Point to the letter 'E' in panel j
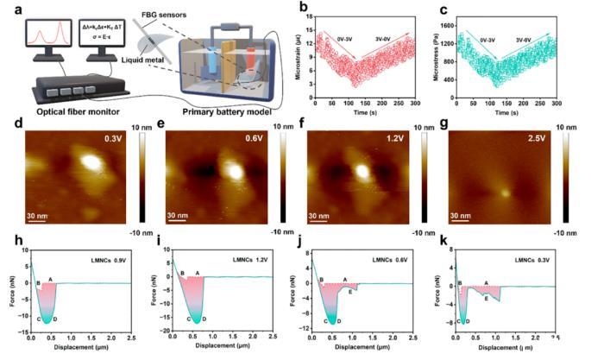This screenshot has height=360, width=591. [349, 292]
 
